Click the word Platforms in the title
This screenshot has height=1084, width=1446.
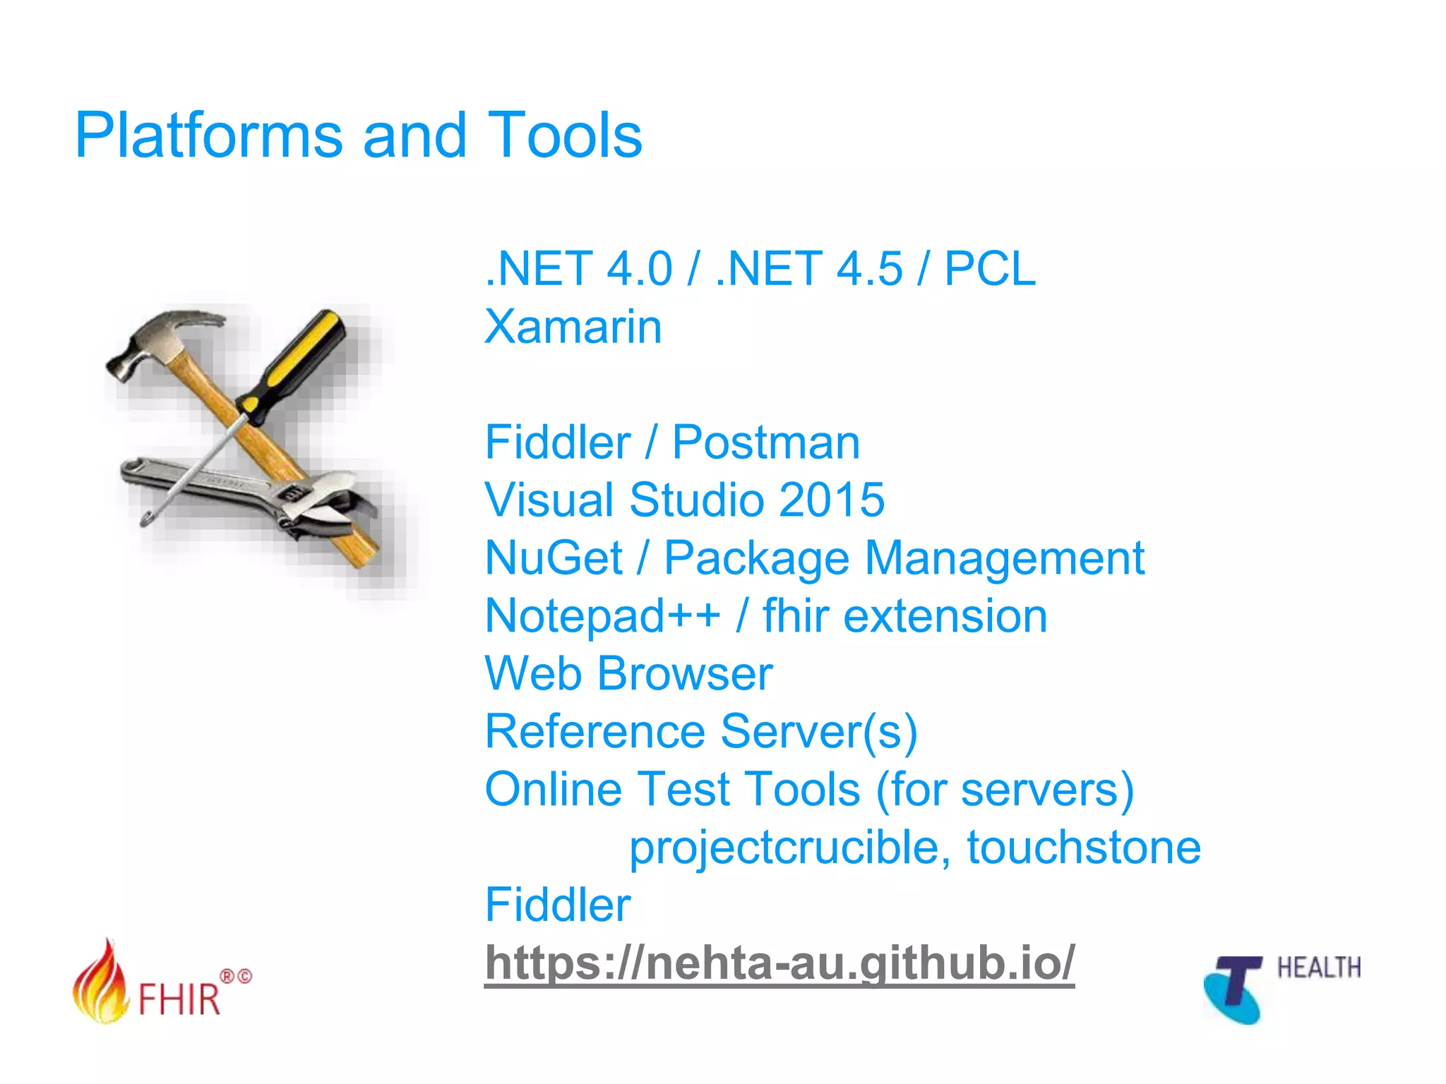click(208, 135)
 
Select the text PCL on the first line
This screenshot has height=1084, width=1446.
click(989, 269)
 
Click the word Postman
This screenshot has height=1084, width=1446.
click(765, 442)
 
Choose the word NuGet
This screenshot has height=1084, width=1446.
click(553, 558)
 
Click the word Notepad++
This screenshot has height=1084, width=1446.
click(602, 616)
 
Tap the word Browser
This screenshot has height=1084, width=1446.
click(685, 674)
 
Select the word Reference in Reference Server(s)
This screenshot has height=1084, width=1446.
click(594, 732)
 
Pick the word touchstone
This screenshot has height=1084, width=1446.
click(1083, 848)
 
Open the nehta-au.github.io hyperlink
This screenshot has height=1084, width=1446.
click(779, 963)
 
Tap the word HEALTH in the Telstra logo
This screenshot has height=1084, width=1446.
click(1318, 968)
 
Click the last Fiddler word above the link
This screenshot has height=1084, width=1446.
click(557, 905)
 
